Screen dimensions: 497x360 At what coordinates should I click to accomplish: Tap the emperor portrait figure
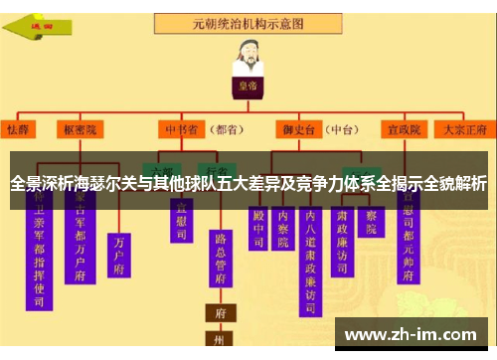pyautogui.click(x=248, y=59)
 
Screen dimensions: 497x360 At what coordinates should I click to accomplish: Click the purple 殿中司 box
pyautogui.click(x=259, y=228)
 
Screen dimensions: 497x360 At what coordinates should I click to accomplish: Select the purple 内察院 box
pyautogui.click(x=284, y=228)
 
